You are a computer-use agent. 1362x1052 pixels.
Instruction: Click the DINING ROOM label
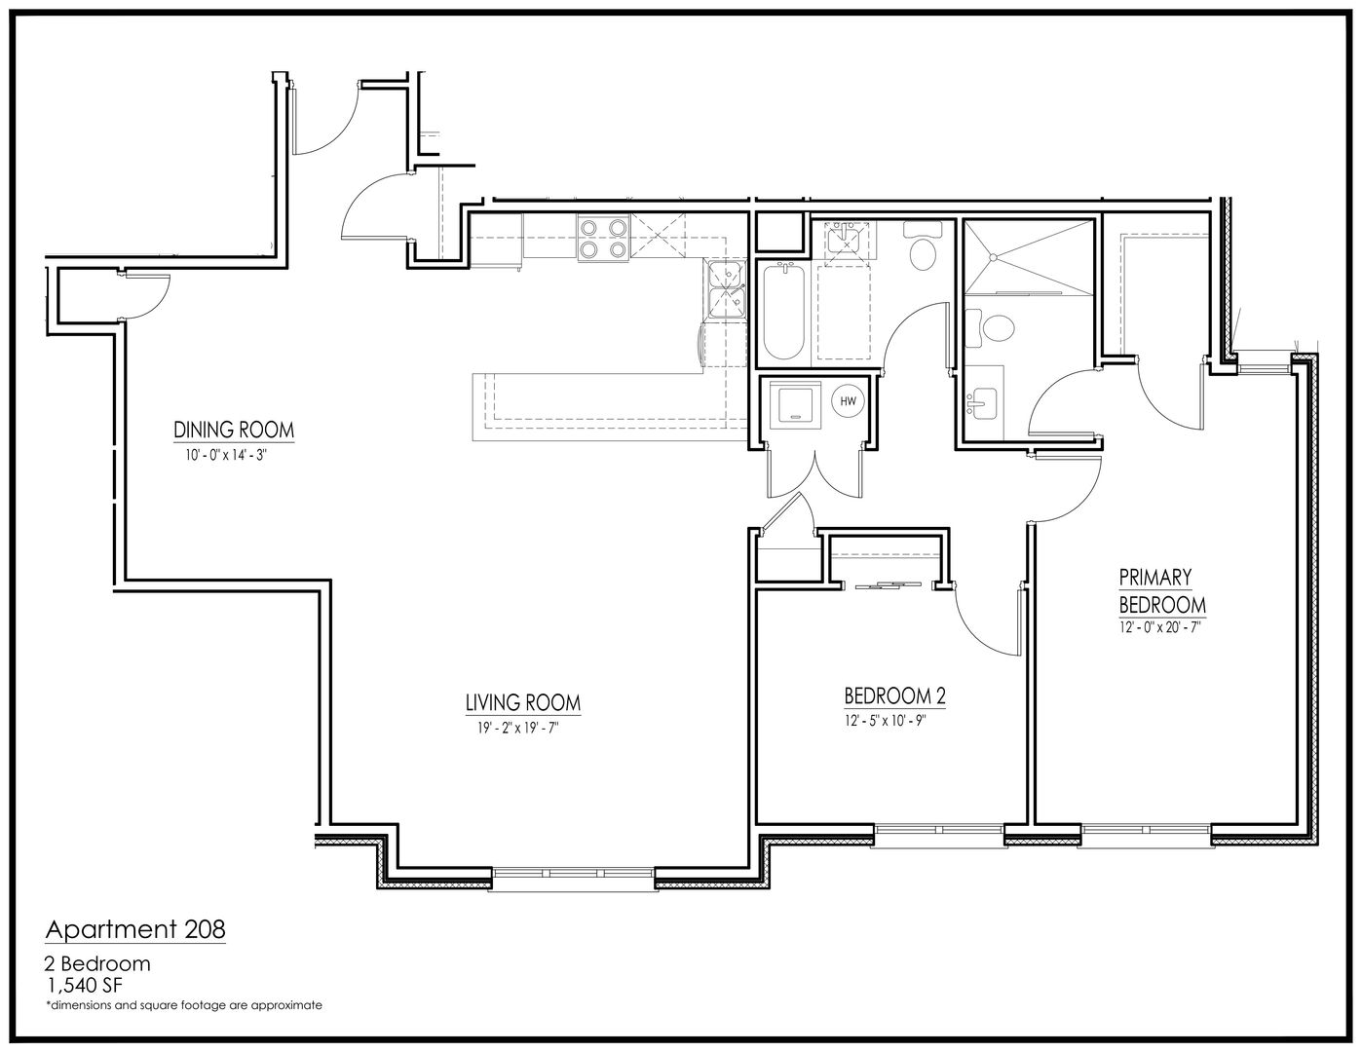click(234, 430)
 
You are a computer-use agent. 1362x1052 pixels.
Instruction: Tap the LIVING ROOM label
click(523, 702)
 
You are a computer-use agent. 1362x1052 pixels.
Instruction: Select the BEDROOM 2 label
click(894, 696)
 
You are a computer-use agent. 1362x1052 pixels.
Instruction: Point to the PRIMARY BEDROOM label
click(1162, 591)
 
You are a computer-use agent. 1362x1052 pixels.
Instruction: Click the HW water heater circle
click(848, 401)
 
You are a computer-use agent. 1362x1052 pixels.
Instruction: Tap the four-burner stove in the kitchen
click(604, 238)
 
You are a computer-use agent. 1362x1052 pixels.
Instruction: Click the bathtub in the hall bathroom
click(783, 313)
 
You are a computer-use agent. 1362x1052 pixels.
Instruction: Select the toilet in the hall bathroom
click(922, 245)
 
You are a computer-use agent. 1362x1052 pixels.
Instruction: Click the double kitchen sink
click(726, 290)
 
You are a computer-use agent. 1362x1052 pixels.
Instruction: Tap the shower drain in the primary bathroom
click(993, 256)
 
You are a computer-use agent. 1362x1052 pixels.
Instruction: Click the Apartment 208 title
click(135, 929)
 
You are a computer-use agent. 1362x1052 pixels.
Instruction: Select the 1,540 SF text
click(85, 985)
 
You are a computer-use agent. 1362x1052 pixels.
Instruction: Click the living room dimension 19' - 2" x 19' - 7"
click(517, 728)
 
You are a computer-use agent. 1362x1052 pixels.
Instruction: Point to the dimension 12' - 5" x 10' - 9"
click(885, 721)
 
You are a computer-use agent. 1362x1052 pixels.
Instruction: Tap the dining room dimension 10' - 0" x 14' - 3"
click(226, 455)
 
